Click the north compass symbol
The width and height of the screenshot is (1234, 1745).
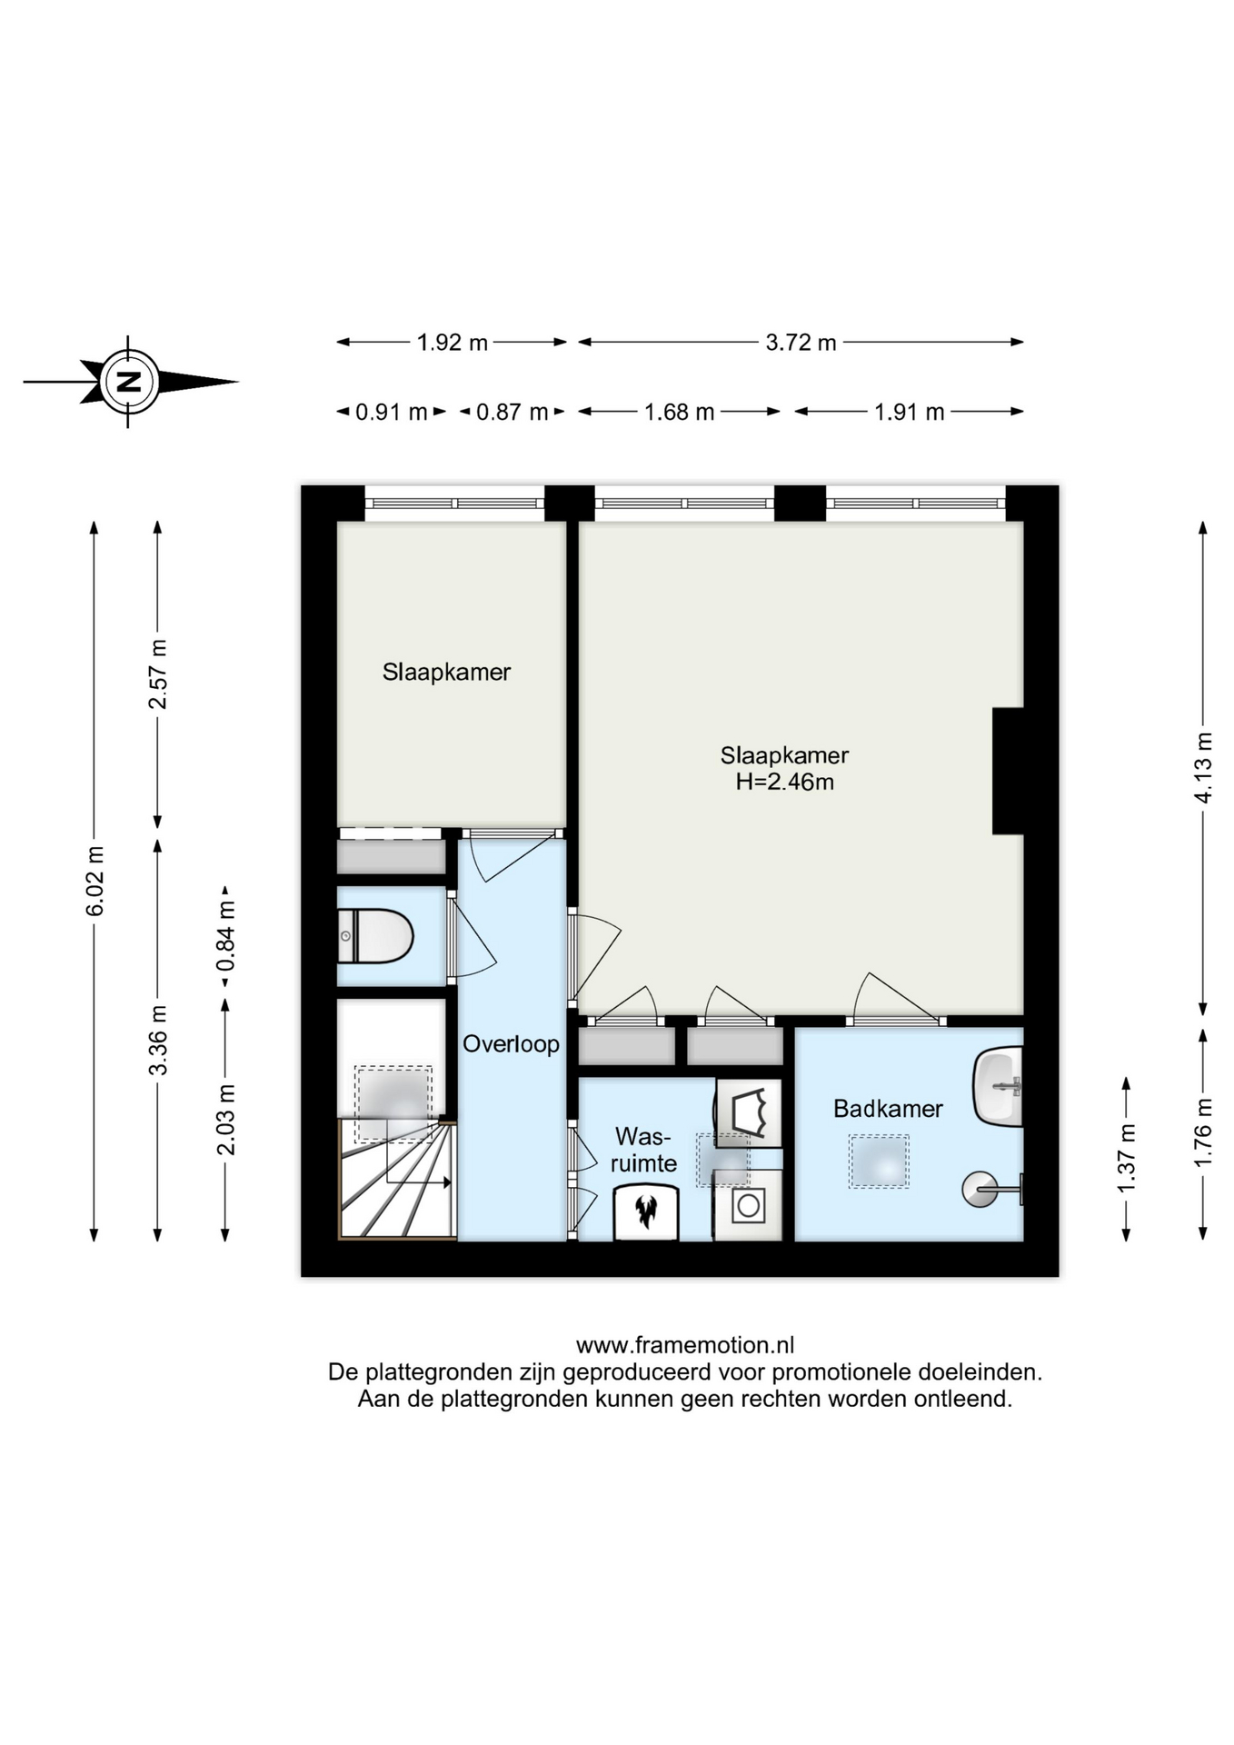(x=130, y=382)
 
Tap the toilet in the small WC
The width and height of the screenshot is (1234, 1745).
(x=375, y=936)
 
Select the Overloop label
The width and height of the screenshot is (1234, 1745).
(x=511, y=1043)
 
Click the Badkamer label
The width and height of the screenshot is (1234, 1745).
(x=888, y=1109)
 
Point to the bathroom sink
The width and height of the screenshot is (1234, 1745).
(x=998, y=1087)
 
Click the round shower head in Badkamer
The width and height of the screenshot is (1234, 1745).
(x=980, y=1189)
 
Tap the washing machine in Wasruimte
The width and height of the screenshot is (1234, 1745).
(x=748, y=1205)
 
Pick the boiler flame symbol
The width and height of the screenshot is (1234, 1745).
(x=646, y=1212)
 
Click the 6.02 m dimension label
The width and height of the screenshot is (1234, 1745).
(x=95, y=881)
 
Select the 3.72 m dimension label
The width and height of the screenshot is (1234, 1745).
(x=801, y=343)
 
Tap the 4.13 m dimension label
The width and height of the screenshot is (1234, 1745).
(x=1203, y=767)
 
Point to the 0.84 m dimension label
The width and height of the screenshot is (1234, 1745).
(x=225, y=935)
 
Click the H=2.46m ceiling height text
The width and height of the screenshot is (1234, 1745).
(x=785, y=782)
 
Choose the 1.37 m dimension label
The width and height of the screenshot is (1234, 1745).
(x=1127, y=1159)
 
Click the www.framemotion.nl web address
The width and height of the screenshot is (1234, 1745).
(x=685, y=1344)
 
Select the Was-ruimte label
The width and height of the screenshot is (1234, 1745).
(x=643, y=1150)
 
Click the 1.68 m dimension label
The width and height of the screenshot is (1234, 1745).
(x=679, y=413)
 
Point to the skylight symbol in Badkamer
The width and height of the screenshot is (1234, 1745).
(x=879, y=1161)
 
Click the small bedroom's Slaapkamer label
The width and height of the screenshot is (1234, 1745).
(x=446, y=673)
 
